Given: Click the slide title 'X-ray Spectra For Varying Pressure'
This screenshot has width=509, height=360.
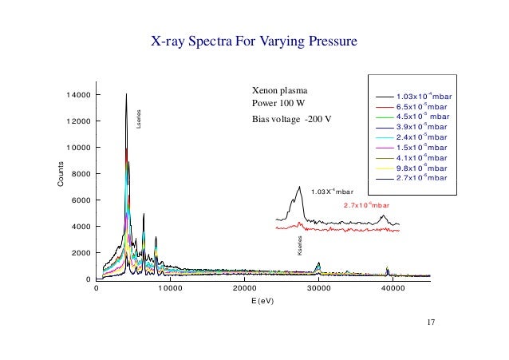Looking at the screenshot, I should [253, 40].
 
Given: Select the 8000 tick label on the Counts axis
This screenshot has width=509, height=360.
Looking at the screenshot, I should [80, 174].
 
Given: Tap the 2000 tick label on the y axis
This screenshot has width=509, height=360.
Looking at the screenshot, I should [80, 253].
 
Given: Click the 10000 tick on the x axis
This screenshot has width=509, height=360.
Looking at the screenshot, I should [170, 291].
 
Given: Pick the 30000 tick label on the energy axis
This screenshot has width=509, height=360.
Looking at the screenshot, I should [318, 291].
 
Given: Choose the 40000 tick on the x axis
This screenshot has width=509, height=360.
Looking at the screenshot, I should [393, 291].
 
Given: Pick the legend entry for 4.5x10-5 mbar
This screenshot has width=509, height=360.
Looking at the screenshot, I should [422, 117].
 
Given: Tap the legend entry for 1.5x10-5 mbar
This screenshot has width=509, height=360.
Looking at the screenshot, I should [422, 147].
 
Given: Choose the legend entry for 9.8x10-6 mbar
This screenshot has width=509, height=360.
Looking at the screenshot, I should [422, 168].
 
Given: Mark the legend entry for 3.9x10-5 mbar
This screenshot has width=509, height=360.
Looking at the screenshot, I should [422, 127].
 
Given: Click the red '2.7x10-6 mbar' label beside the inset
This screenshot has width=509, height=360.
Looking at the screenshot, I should [365, 205].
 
